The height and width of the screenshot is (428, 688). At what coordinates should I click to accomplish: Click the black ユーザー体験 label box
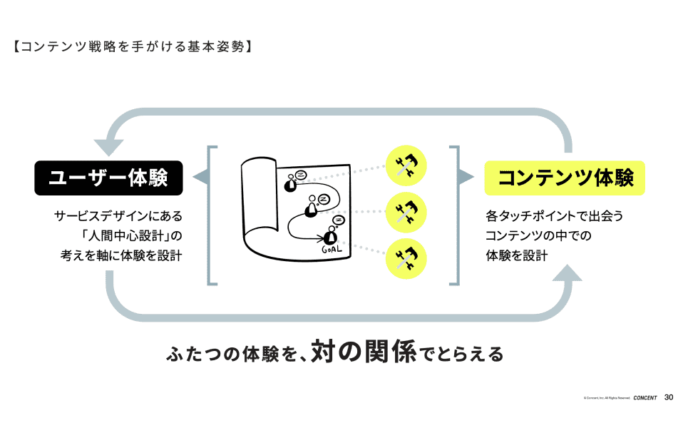coord(108,178)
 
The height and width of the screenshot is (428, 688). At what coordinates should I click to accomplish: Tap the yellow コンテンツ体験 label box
coord(565,178)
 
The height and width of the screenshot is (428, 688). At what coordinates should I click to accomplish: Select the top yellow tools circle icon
coord(406,166)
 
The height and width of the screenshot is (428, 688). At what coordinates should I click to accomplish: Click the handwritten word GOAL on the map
coord(332,250)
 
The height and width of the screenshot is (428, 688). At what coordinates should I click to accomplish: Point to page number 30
coord(669,397)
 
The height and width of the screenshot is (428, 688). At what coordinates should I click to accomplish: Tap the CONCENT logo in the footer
coord(645,398)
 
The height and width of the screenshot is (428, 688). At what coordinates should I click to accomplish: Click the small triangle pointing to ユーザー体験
coord(200,178)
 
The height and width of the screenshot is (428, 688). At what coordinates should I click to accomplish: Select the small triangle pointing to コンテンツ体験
coord(466,178)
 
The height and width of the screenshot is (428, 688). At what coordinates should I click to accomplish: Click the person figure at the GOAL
coord(329,235)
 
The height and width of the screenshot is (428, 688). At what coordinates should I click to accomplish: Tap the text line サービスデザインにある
coord(118,215)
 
